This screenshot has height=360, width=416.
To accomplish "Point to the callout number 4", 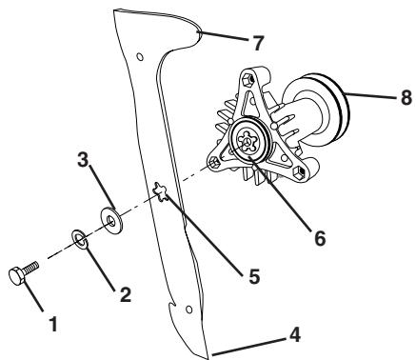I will [302, 336].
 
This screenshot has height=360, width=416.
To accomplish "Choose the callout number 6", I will [320, 239].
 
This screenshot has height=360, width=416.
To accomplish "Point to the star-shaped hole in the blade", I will [164, 195].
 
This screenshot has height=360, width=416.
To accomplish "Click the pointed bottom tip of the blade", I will [206, 357].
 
